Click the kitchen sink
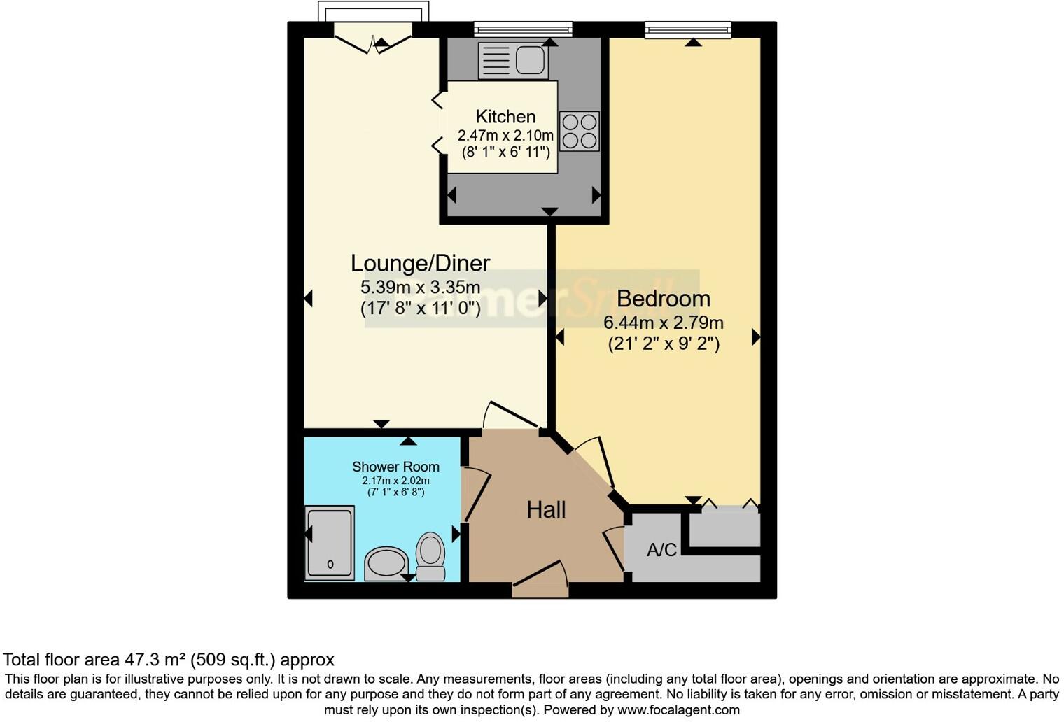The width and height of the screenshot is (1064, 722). [x=513, y=61]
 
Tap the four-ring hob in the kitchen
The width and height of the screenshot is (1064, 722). [x=579, y=132]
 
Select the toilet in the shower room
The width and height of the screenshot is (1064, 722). [x=430, y=557]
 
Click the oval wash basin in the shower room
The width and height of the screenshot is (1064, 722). [x=386, y=562]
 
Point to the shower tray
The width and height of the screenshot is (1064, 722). [x=330, y=543]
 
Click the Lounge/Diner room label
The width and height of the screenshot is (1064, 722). [x=420, y=263]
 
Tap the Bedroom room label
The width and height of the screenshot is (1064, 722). [x=663, y=299]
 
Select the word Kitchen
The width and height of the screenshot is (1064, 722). [x=505, y=117]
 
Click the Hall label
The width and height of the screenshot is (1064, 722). [x=546, y=509]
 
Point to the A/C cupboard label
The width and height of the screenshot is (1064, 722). [x=661, y=550]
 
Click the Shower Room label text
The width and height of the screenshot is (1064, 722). [x=395, y=467]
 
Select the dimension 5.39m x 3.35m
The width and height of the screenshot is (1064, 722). [x=420, y=287]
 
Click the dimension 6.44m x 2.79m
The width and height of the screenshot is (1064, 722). [x=663, y=323]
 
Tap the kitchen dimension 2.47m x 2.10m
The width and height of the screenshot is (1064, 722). [x=505, y=135]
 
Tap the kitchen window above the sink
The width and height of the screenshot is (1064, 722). [x=523, y=29]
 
